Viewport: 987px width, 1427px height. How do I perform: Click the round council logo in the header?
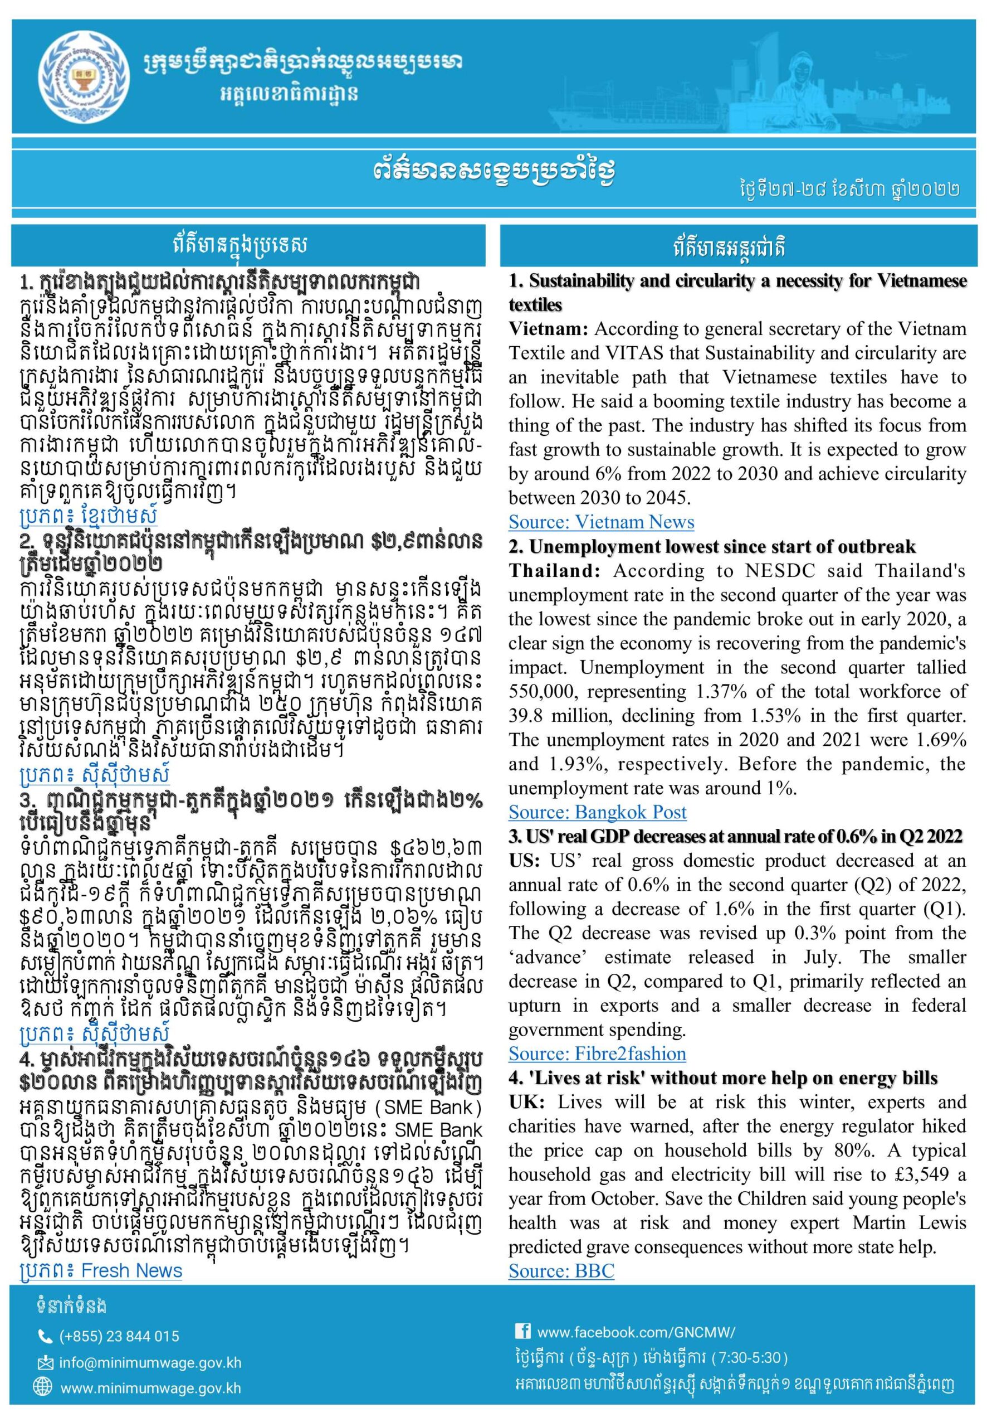click(85, 74)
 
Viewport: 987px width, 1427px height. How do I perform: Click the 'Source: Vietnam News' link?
click(601, 522)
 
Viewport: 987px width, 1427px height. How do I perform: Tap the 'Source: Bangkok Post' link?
click(598, 812)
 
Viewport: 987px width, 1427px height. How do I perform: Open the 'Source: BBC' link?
click(561, 1270)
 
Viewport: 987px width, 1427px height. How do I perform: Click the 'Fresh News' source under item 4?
click(131, 1270)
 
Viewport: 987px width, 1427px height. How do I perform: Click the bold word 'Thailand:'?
click(554, 571)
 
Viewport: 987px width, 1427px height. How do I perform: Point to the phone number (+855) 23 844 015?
click(119, 1336)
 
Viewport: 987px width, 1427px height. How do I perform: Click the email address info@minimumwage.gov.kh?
click(150, 1363)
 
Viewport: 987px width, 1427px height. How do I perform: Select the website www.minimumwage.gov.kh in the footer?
click(150, 1388)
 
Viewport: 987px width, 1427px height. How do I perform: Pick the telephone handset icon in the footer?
click(45, 1337)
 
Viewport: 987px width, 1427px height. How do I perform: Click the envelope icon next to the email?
click(45, 1363)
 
